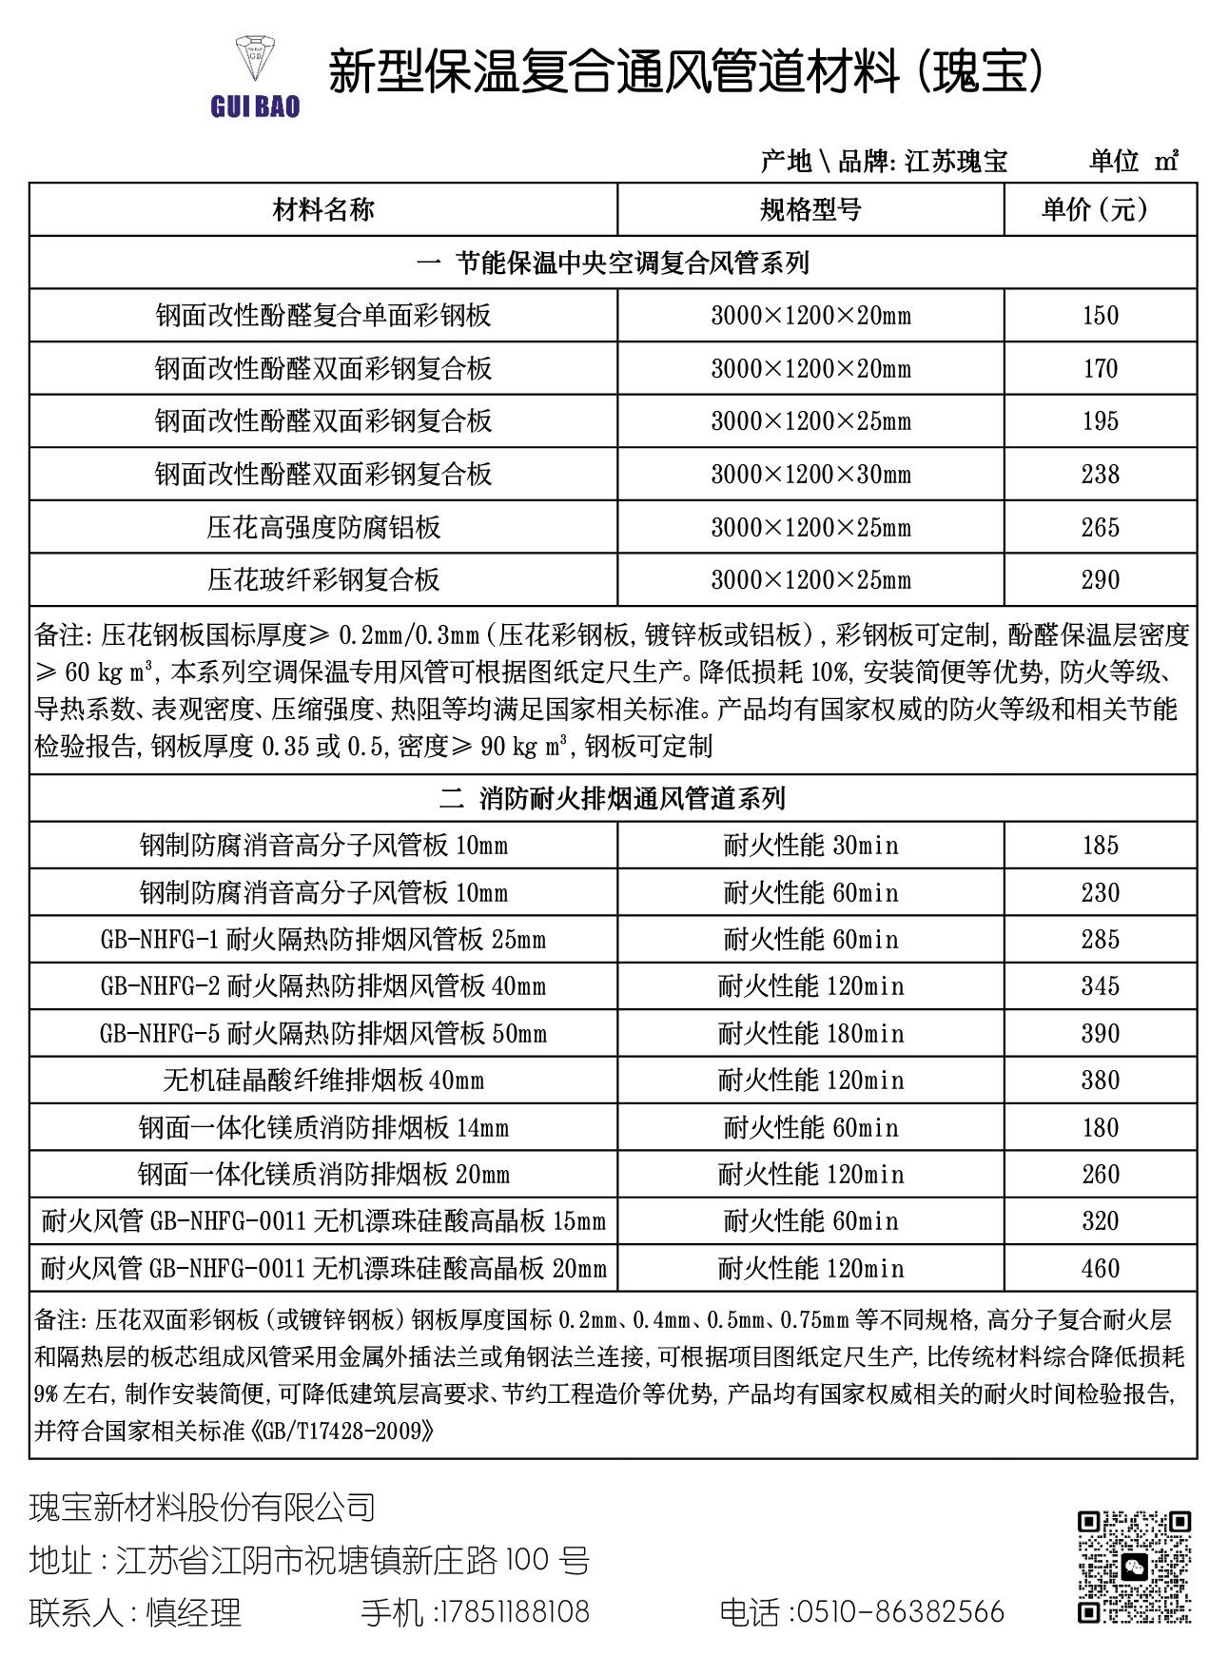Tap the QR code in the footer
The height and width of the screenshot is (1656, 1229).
point(1134,1567)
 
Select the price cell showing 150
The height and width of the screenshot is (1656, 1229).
point(1100,316)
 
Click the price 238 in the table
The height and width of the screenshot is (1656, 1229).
point(1100,475)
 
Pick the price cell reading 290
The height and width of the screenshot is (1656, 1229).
point(1100,580)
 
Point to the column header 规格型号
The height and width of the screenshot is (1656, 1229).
point(810,210)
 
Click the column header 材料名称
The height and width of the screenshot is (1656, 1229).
point(323,210)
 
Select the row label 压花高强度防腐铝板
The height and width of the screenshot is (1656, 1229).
point(323,528)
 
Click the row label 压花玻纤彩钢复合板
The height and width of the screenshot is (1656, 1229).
point(323,580)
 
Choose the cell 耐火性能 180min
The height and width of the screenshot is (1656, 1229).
point(810,1034)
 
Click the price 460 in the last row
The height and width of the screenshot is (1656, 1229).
point(1100,1269)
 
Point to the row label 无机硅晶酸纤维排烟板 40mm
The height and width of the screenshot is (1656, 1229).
point(323,1081)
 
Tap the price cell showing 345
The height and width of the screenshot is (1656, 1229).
point(1100,986)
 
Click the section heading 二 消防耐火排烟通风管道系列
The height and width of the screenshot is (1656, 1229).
point(613,799)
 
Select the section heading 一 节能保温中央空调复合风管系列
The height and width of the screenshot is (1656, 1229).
point(613,263)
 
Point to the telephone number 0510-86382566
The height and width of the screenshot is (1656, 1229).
point(898,1612)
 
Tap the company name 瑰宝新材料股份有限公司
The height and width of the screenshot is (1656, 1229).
point(203,1508)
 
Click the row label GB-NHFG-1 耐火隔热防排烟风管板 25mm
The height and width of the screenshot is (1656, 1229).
point(323,940)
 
